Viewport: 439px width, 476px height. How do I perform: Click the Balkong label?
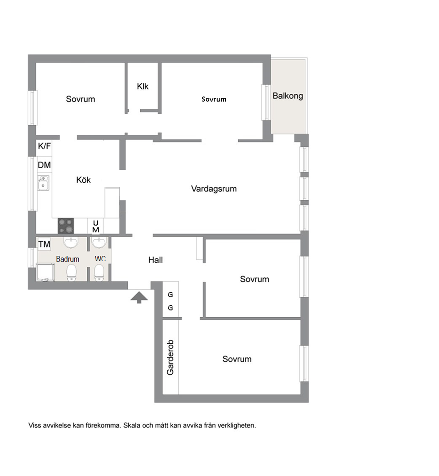coord(288,96)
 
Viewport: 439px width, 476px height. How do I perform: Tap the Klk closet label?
coord(142,86)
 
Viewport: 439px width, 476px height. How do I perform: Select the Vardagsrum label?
coord(214,189)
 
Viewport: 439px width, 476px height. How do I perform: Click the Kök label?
coord(84,180)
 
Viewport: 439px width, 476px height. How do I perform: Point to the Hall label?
coord(155,260)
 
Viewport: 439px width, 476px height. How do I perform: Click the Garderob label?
coord(170,357)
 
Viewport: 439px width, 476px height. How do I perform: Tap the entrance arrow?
coord(139,297)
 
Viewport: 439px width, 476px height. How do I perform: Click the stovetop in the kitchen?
coord(66,226)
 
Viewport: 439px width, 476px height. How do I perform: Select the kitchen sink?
coord(43,183)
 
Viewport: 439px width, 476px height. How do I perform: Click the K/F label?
coord(44,146)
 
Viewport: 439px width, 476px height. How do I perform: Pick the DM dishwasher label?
coord(44,165)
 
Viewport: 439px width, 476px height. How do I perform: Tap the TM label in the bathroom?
coord(44,244)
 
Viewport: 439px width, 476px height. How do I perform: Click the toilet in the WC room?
coord(99,273)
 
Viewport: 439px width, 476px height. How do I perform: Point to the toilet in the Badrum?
coord(71,273)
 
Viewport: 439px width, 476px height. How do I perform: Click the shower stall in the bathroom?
coord(46,273)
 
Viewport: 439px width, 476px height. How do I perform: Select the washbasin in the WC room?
coord(99,242)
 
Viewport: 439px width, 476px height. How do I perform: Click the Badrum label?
coord(68,259)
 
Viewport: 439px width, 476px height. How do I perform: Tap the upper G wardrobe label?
coord(170,295)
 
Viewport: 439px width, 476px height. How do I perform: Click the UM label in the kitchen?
coord(96,226)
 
